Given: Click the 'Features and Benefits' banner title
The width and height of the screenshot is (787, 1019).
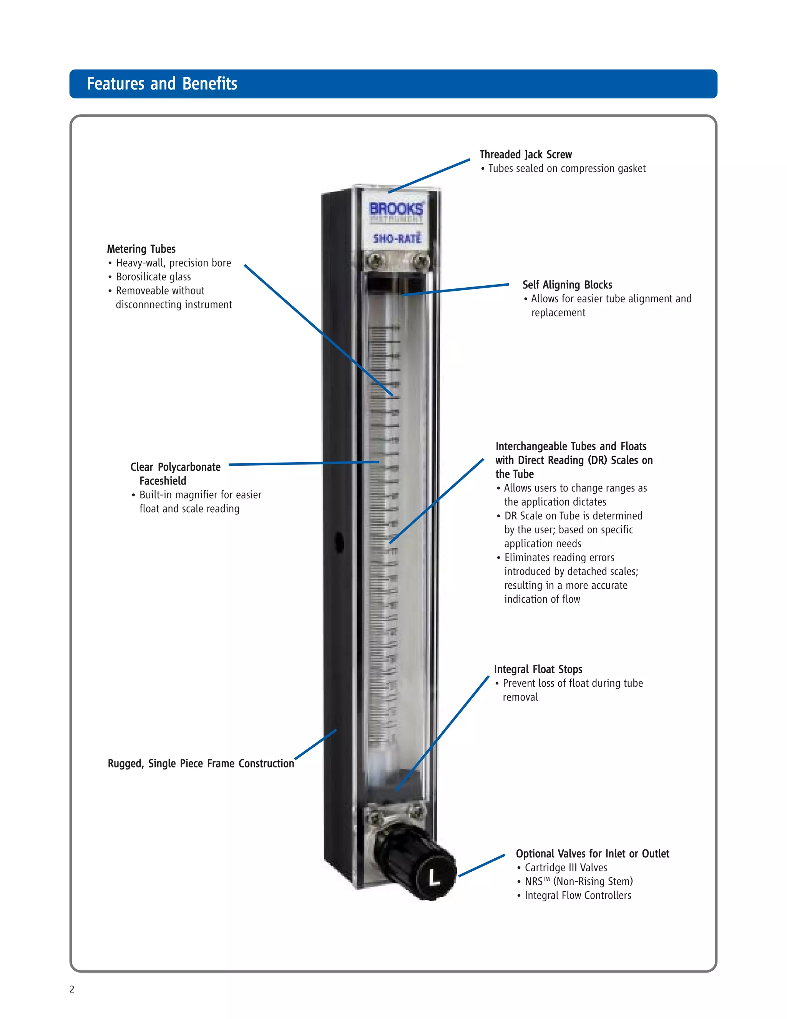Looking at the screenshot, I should coord(162,84).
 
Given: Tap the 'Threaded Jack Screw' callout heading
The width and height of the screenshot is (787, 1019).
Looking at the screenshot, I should coord(525,155).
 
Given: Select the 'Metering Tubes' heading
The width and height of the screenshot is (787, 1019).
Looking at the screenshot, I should coord(141,249).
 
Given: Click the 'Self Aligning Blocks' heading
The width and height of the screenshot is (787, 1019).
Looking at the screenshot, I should coord(567,285).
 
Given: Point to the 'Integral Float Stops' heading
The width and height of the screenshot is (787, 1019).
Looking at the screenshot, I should coord(538,669).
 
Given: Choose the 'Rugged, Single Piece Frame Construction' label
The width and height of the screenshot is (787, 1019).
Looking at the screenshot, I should coord(201,764).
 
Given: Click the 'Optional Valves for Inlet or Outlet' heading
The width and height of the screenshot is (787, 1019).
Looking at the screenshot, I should coord(592,854).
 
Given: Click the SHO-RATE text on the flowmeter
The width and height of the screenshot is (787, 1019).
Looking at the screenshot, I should coord(397,238).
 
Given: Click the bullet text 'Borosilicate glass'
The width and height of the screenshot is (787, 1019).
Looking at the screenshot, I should coord(153,277).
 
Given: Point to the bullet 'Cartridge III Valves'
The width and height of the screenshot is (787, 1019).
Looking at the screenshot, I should coord(566,868).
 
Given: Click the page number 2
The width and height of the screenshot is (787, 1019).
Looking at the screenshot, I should coord(72,989).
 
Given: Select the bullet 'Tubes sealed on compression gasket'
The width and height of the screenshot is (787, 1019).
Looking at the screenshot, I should coord(566,168).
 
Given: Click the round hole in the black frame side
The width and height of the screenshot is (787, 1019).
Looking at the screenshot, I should coord(339,543).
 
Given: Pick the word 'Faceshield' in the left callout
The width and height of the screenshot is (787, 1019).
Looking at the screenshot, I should coord(163,481).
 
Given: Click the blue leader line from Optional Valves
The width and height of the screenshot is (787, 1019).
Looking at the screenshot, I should coord(481,866).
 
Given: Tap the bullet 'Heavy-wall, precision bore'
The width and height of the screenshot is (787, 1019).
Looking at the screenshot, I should coord(173,263).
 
